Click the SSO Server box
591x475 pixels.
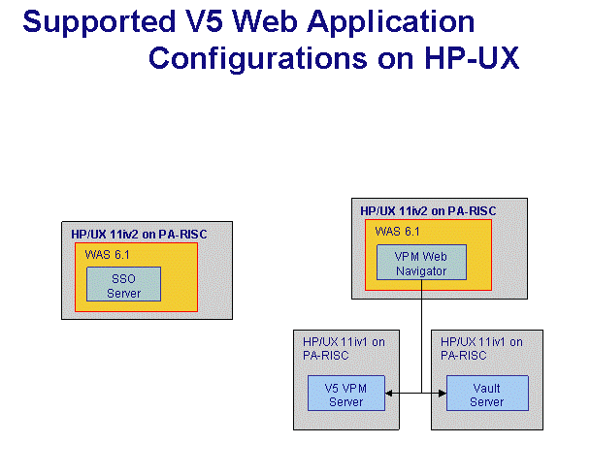coord(123,284)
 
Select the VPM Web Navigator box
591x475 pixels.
coord(421,263)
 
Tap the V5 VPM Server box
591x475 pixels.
coord(346,393)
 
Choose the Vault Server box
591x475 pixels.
coord(487,393)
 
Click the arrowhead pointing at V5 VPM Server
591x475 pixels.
coord(389,394)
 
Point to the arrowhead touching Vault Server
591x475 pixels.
coord(443,394)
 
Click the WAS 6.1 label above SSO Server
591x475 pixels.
coord(107,255)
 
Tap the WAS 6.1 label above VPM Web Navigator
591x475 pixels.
coord(397,232)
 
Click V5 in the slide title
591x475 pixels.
coord(204,21)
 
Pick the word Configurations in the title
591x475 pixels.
coord(258,59)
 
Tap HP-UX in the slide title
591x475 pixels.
coord(473,58)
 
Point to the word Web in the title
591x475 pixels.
coord(265,21)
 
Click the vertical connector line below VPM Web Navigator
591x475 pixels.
coord(421,336)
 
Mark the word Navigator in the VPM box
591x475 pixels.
coord(421,271)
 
